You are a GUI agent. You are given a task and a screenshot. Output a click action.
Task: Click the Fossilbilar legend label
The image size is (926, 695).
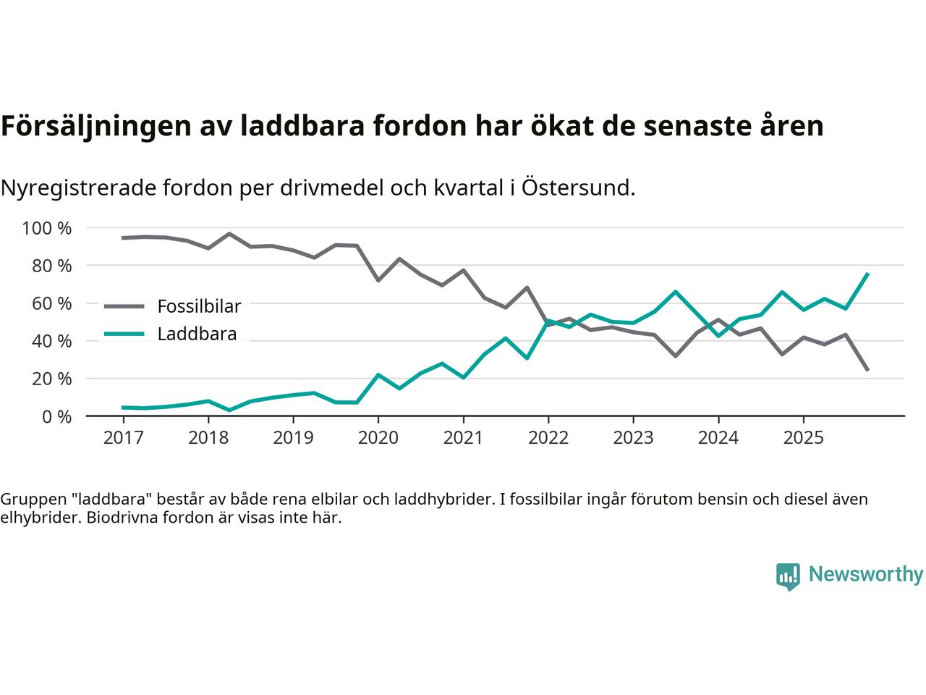pos(199,306)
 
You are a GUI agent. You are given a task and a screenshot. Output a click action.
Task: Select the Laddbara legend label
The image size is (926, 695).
pos(197,334)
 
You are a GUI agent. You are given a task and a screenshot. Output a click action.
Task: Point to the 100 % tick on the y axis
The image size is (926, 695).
pos(47,229)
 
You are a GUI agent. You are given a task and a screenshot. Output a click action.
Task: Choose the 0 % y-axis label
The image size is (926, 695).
pos(55,417)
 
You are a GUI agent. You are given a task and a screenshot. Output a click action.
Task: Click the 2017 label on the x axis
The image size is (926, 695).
pos(123,438)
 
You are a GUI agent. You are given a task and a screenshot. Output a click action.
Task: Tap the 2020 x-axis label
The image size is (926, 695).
pos(378,438)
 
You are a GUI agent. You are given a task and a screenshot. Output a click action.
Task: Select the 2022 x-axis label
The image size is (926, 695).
pos(548,438)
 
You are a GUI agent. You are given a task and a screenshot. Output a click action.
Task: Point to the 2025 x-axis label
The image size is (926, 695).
pos(803,438)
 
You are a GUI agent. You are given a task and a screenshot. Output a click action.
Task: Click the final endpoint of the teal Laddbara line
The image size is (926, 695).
pos(867,274)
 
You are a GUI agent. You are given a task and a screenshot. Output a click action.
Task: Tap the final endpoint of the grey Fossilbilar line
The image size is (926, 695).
pos(867,370)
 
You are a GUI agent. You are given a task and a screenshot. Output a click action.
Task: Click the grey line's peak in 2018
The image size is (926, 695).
pos(229,234)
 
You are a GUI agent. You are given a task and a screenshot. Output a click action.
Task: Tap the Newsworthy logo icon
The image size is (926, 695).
pos(789,576)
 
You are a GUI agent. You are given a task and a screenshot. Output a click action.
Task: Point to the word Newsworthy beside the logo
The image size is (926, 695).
pos(865,575)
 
